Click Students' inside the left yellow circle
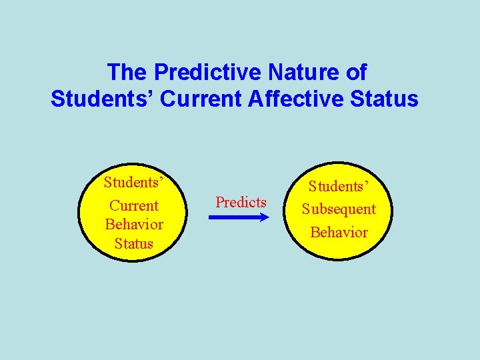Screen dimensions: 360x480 pos(134,183)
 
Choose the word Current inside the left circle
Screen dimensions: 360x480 pos(134,205)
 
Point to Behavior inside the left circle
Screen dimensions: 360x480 pos(134,224)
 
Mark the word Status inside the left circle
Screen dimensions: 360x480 pos(134,243)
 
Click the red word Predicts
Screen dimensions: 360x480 pos(241,202)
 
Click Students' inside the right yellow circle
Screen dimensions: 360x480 pos(339,186)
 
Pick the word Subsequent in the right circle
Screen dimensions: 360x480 pos(339,209)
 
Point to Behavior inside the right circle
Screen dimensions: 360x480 pos(339,232)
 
